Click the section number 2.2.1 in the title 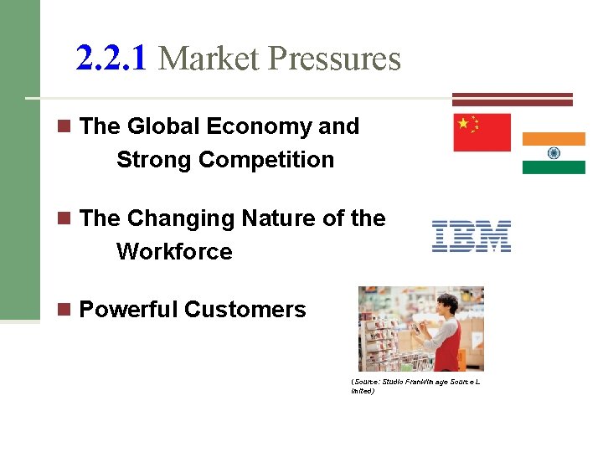point(111,59)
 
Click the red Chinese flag point(482,132)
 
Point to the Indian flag point(554,153)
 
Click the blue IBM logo point(472,237)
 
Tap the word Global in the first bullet point(163,126)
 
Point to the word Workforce point(174,251)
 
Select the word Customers point(245,310)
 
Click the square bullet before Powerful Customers point(63,309)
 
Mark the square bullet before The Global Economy point(63,126)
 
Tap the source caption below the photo point(416,386)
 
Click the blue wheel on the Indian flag point(554,153)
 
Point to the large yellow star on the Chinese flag point(463,124)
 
